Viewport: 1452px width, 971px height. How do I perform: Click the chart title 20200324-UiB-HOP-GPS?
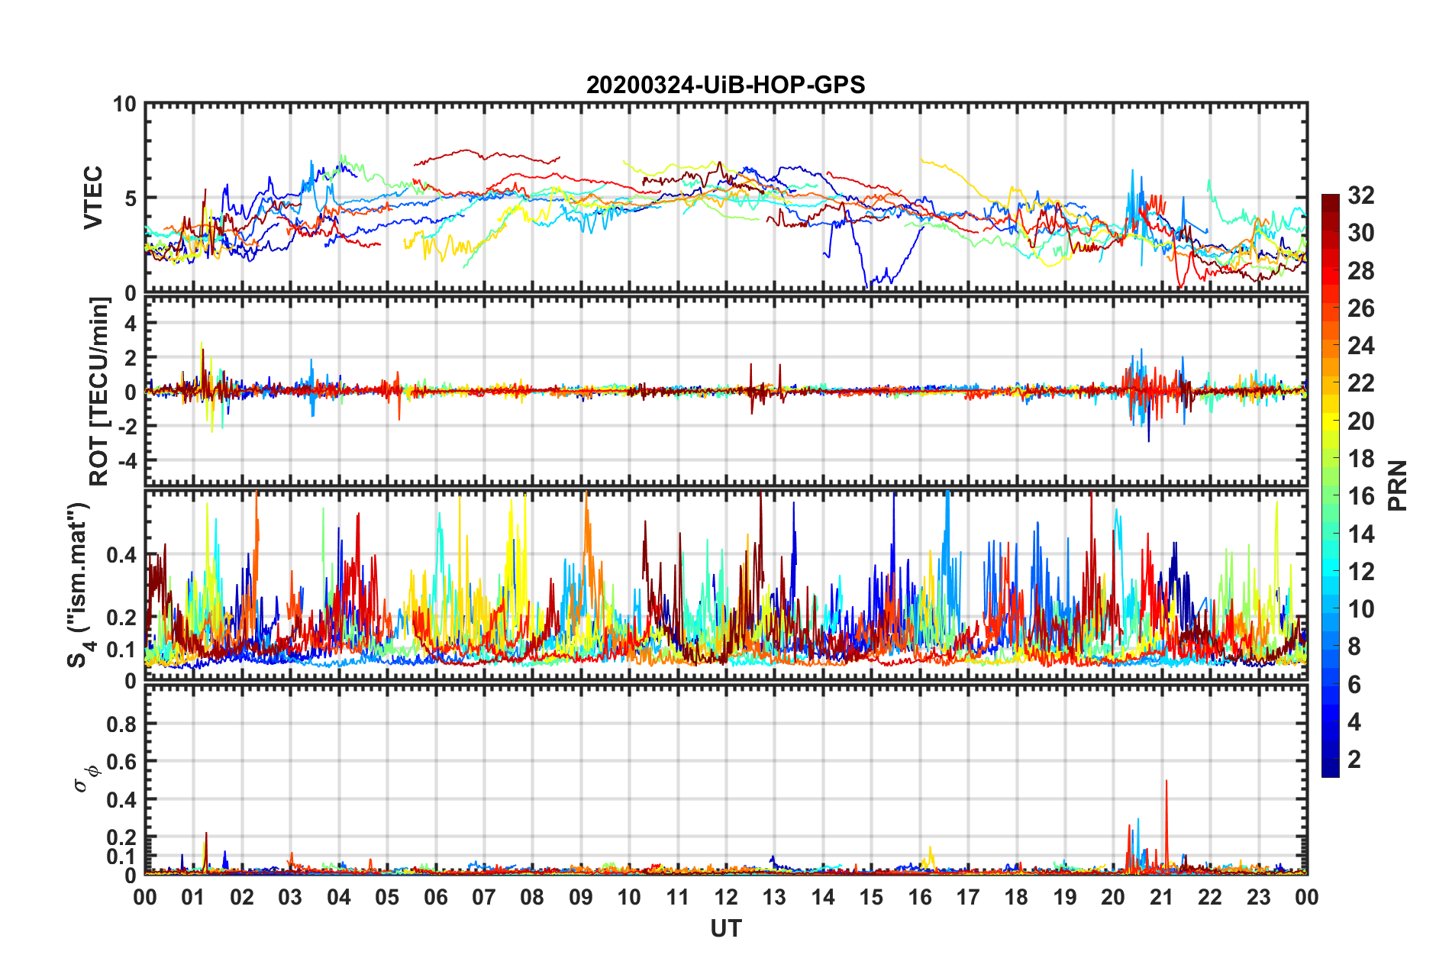725,85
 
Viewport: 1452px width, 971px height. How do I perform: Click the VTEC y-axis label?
93,198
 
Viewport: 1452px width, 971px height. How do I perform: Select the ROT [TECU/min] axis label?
99,392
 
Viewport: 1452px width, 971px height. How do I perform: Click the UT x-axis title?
725,928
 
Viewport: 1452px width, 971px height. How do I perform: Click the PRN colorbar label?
1398,485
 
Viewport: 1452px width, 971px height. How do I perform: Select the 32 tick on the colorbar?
1360,195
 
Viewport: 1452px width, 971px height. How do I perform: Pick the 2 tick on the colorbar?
1354,759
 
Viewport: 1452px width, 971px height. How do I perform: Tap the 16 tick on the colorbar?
1360,496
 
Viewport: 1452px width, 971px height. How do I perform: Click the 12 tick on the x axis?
726,897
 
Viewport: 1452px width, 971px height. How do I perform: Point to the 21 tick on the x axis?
1161,897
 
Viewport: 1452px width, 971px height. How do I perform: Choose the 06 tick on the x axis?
435,897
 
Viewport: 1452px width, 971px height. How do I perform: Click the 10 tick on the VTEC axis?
124,105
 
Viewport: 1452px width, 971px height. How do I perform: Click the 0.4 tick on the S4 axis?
122,555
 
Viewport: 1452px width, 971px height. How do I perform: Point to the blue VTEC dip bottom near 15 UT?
867,284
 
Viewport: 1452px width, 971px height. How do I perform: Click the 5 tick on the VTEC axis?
131,198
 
